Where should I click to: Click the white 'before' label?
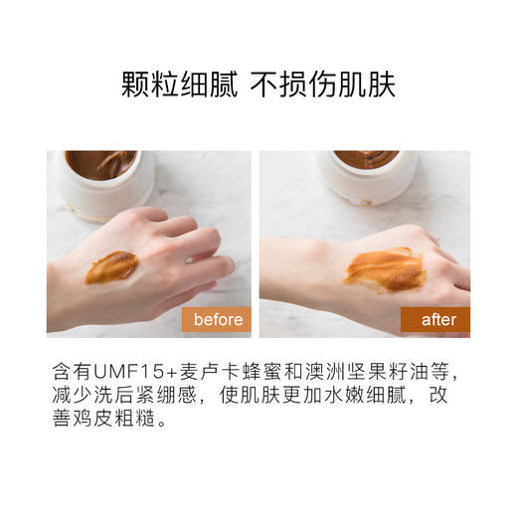[218, 320]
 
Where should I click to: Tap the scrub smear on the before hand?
[111, 266]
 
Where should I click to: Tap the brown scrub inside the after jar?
[366, 159]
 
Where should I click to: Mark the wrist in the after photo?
[298, 283]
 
